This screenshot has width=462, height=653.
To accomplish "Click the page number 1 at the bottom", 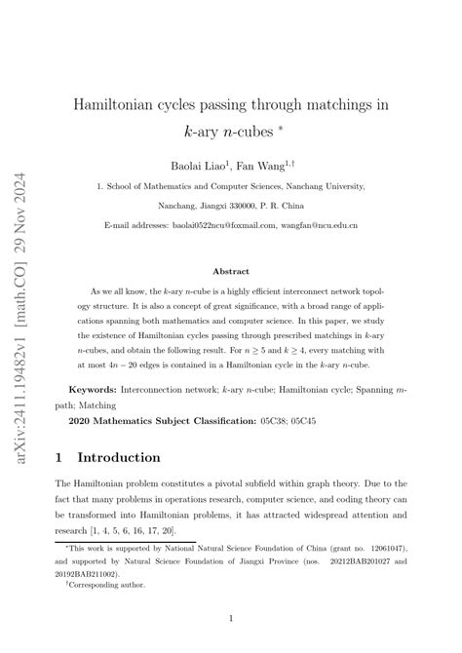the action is click(231, 618).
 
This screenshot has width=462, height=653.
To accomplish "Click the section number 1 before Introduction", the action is click(60, 457).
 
